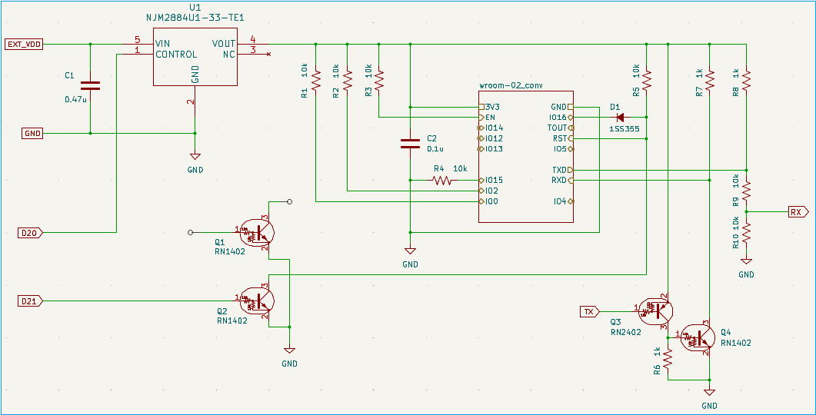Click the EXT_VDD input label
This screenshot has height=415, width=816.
tap(24, 44)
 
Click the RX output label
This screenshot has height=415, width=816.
tap(795, 211)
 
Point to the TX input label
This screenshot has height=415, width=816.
tap(588, 311)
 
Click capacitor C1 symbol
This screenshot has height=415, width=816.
tap(91, 85)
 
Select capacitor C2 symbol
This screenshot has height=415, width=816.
tap(410, 143)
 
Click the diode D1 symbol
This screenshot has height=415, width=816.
tap(614, 118)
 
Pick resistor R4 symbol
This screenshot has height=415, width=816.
tap(441, 181)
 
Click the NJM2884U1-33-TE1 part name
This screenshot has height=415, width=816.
tap(195, 17)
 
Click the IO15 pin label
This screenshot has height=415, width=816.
tap(495, 181)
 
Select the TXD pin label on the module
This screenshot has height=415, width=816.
tap(559, 170)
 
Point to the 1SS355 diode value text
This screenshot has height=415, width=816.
tap(624, 129)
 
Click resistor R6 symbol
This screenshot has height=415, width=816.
tap(668, 358)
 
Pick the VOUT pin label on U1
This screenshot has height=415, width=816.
tap(224, 44)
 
